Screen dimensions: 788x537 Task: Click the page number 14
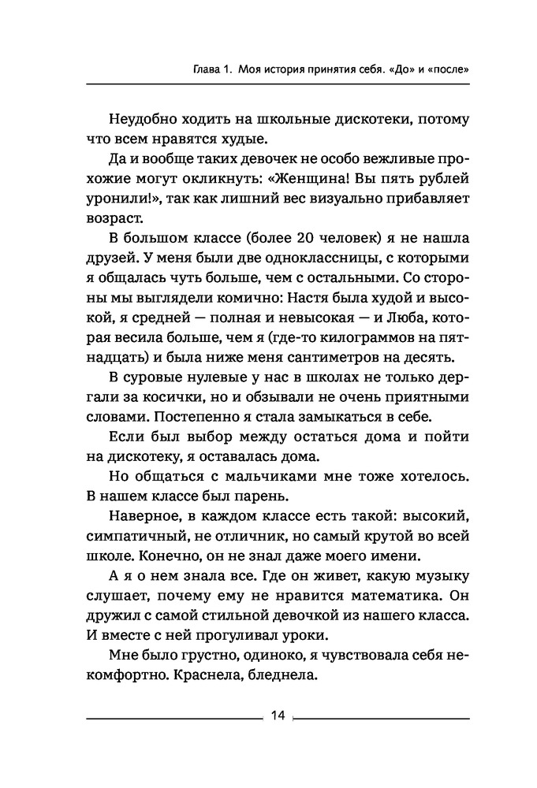click(276, 716)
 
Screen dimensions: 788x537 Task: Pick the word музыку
click(438, 587)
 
